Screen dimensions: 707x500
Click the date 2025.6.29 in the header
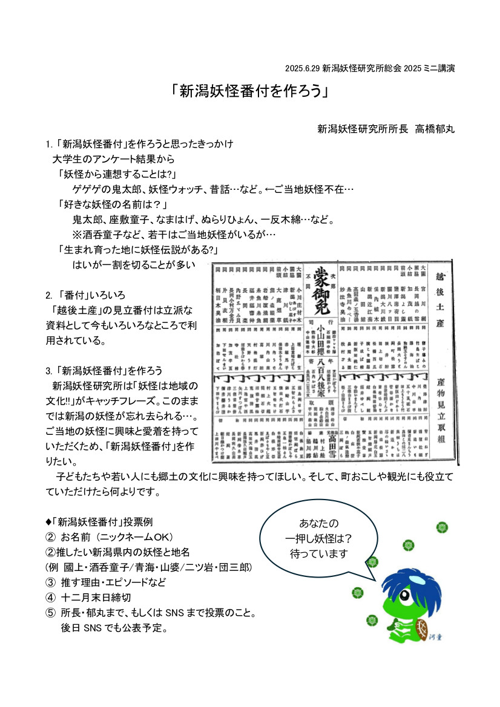[x=302, y=68]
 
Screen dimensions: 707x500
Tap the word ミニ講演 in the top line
[x=438, y=68]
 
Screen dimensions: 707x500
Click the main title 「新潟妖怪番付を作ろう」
[x=249, y=91]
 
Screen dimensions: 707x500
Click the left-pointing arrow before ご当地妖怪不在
[x=269, y=189]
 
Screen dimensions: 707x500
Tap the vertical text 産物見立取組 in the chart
[x=440, y=411]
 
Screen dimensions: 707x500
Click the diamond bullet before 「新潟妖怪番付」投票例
[x=48, y=522]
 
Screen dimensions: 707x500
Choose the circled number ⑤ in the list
[x=50, y=613]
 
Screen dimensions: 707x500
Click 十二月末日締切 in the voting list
[x=96, y=598]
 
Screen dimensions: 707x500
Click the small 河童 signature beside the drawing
[x=435, y=637]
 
